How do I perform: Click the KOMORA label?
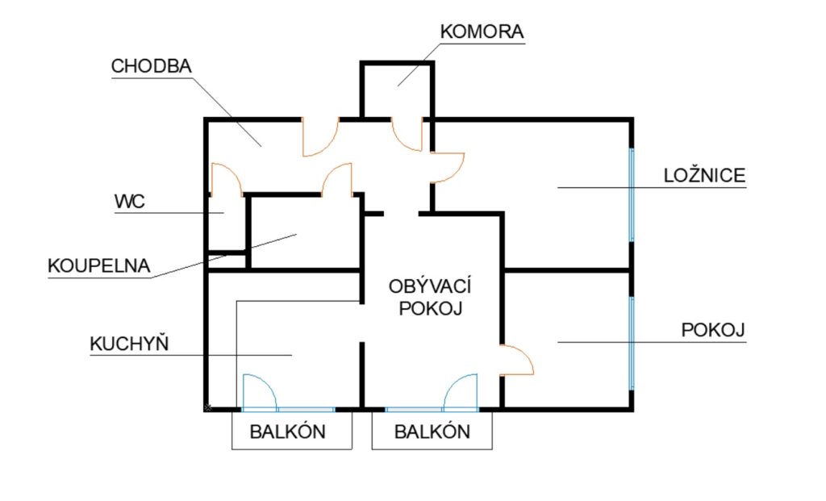point(482,31)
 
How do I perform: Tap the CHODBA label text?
point(151,66)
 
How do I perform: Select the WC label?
point(130,201)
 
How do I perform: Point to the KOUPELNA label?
point(99,265)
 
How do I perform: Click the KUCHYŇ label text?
point(129,343)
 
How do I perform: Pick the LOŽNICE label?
point(704,174)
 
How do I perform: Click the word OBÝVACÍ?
point(430,286)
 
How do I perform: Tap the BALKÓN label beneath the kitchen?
point(288,432)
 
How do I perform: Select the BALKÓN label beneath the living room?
point(432,432)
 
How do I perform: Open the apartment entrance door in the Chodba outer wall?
point(319,137)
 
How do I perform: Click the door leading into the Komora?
point(407,134)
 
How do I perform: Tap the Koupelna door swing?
point(336,180)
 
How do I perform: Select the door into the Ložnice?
point(448,168)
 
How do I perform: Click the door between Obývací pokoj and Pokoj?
point(517,360)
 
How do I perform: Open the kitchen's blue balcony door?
point(260,392)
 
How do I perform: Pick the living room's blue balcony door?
point(461,392)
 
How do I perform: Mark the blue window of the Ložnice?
point(632,195)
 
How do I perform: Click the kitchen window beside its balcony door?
point(306,409)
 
